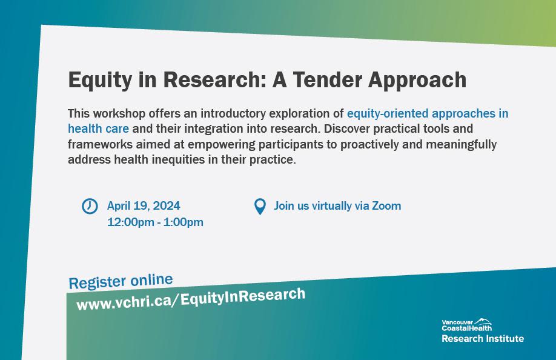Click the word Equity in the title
coord(100,81)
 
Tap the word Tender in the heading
coord(328,79)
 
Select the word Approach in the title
coord(417,81)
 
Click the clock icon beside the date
coord(90,206)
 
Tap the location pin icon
coord(260,206)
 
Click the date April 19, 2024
coord(144,205)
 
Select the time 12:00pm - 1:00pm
coord(155,222)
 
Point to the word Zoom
coord(386,205)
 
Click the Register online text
coord(121,281)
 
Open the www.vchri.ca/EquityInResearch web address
coord(191,299)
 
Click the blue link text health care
coord(98,128)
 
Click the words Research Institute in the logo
coord(483,338)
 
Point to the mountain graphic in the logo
coord(483,321)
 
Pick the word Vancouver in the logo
coord(457,322)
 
